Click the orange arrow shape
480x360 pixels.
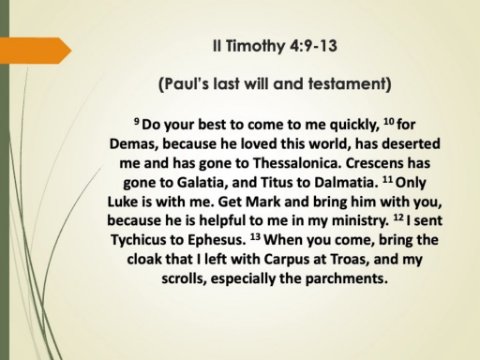[36, 51]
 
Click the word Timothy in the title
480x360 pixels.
[255, 46]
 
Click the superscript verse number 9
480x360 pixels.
[137, 121]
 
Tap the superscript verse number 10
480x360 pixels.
[389, 121]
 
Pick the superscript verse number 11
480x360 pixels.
[387, 179]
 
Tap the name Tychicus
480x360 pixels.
[138, 240]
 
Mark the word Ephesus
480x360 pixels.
[216, 240]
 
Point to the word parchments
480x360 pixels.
[347, 279]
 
